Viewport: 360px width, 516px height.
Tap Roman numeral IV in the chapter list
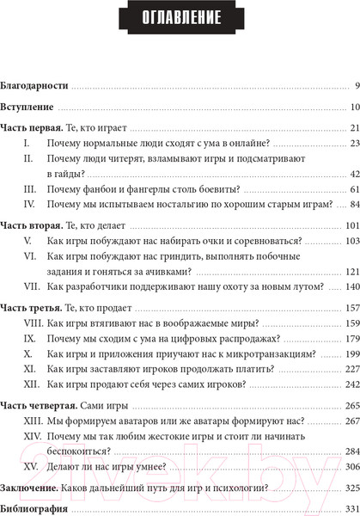[28, 204]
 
